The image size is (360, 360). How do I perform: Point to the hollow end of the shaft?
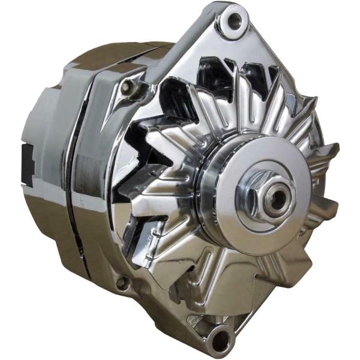tap(277, 199)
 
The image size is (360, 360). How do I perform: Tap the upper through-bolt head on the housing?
tap(127, 88)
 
